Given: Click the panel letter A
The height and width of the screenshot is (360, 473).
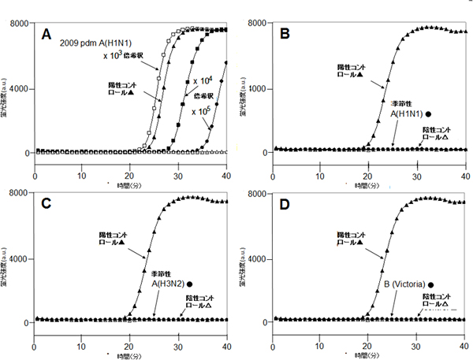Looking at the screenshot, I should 47,34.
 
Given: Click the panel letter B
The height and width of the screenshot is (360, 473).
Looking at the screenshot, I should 285,35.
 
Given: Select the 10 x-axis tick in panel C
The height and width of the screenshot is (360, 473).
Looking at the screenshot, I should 82,347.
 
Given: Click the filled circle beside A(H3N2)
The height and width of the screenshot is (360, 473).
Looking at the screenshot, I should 189,284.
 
